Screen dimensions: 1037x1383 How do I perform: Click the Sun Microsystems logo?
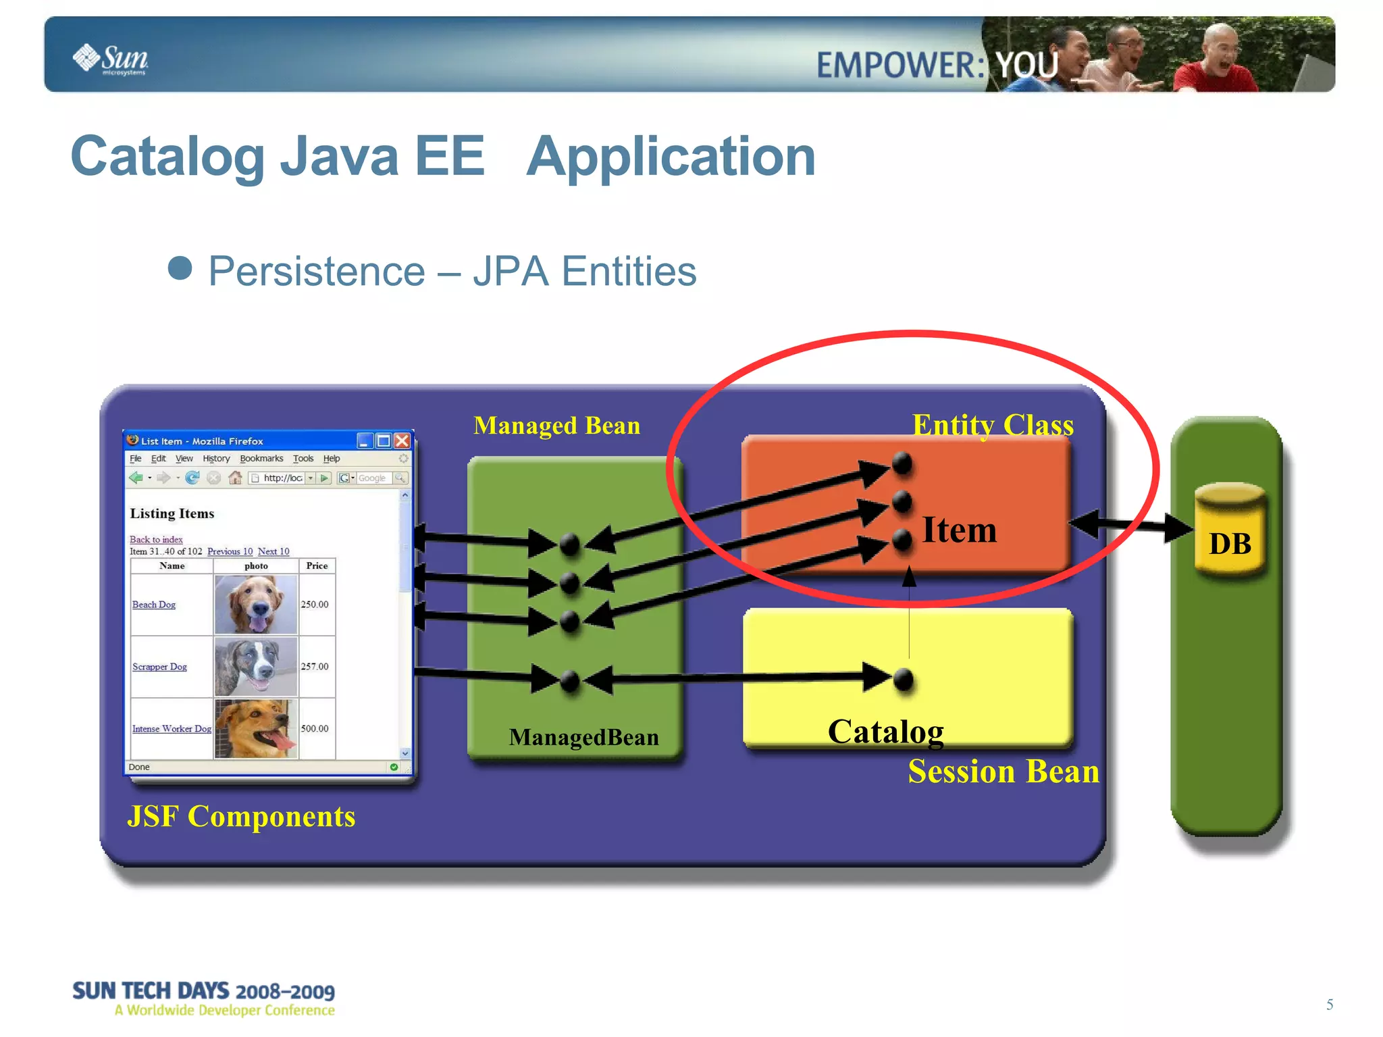pyautogui.click(x=110, y=59)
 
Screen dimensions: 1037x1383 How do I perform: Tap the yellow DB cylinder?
pyautogui.click(x=1229, y=530)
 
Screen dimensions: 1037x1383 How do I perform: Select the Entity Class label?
pyautogui.click(x=992, y=425)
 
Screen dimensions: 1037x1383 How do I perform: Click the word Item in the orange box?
pyautogui.click(x=959, y=530)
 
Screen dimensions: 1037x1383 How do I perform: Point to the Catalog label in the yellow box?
pyautogui.click(x=885, y=732)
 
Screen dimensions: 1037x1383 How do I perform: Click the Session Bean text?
pyautogui.click(x=1003, y=772)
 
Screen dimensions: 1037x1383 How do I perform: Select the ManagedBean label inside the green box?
pyautogui.click(x=583, y=737)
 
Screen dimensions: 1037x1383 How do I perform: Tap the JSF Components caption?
pyautogui.click(x=241, y=816)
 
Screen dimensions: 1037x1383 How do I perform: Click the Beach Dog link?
pyautogui.click(x=154, y=605)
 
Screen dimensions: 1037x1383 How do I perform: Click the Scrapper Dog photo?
pyautogui.click(x=256, y=667)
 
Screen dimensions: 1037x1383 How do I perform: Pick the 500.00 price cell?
pyautogui.click(x=315, y=728)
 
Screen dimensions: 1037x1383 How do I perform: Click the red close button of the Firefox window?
pyautogui.click(x=402, y=441)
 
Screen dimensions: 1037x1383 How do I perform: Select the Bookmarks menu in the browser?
pyautogui.click(x=261, y=459)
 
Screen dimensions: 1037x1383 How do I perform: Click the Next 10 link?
pyautogui.click(x=273, y=551)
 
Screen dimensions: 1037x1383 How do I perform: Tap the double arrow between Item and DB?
pyautogui.click(x=1131, y=525)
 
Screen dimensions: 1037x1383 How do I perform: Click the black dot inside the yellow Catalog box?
pyautogui.click(x=904, y=680)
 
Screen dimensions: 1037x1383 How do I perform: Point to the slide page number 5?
pyautogui.click(x=1329, y=1005)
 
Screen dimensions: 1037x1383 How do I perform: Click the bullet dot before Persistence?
pyautogui.click(x=180, y=268)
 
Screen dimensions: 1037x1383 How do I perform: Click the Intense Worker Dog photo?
pyautogui.click(x=256, y=729)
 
